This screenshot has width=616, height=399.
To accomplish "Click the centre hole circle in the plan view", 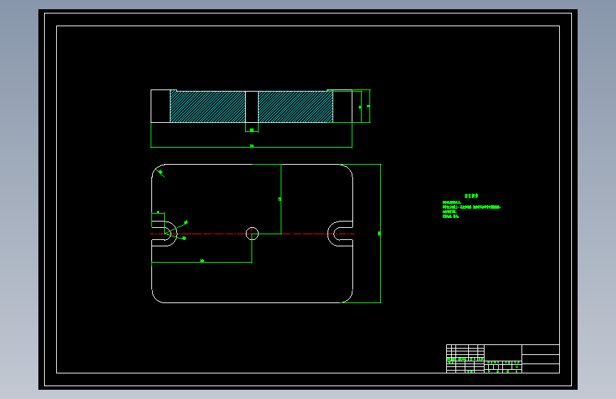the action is [252, 233].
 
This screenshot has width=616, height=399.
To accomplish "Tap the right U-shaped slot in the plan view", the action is [338, 233].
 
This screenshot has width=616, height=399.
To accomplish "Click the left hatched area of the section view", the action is [207, 106].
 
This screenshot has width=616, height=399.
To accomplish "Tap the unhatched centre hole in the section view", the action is [252, 106].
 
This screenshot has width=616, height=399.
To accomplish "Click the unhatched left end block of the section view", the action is [160, 106].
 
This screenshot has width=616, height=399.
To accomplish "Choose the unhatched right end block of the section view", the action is [342, 106].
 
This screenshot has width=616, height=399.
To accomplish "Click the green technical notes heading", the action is [471, 195].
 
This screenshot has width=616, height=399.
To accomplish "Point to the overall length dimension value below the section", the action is [252, 146].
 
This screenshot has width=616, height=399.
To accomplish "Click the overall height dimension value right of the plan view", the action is [379, 233].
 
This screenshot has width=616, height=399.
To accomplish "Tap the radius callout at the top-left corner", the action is [161, 172].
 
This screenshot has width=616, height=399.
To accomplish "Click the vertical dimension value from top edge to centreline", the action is [280, 199].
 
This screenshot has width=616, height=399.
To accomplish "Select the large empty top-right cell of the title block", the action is [541, 349].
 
